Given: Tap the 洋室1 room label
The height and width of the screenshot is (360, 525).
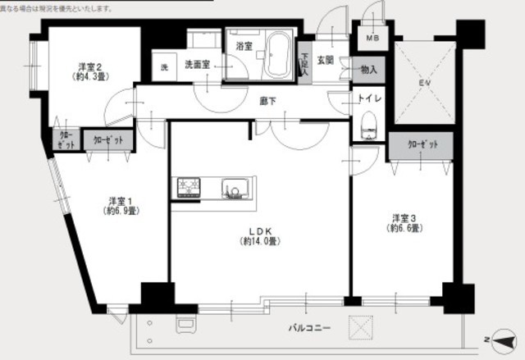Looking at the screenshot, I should tap(120, 205).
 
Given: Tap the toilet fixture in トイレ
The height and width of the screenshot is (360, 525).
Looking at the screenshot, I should tap(367, 126).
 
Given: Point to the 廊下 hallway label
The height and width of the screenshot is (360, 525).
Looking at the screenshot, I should tap(267, 101).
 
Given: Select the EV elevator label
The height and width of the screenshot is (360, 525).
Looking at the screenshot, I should tap(423, 84).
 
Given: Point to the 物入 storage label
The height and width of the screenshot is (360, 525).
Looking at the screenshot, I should tap(368, 71).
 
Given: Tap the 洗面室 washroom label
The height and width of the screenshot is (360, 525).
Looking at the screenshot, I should tap(198, 64).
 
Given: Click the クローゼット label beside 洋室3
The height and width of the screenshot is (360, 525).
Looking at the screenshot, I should tap(422, 144).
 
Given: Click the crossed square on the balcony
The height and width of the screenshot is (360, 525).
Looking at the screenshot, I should tap(362, 327).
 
